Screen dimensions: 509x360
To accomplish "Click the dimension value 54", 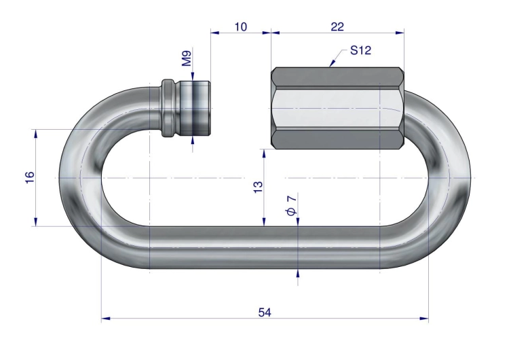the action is [x=265, y=312].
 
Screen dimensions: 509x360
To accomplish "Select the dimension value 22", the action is [x=337, y=26].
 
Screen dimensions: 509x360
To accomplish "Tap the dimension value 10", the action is [x=240, y=26].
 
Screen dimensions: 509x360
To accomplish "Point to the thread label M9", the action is [x=187, y=58].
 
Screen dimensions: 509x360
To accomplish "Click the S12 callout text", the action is [x=360, y=50].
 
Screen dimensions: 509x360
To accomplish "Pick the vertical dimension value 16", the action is [x=30, y=177].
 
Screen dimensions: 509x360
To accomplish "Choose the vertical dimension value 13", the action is [x=258, y=187].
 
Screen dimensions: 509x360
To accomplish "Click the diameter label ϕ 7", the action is [x=292, y=205].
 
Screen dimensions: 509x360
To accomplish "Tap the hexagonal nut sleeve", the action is [x=337, y=108].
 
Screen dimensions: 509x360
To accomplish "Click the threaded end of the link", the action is [x=195, y=108].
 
